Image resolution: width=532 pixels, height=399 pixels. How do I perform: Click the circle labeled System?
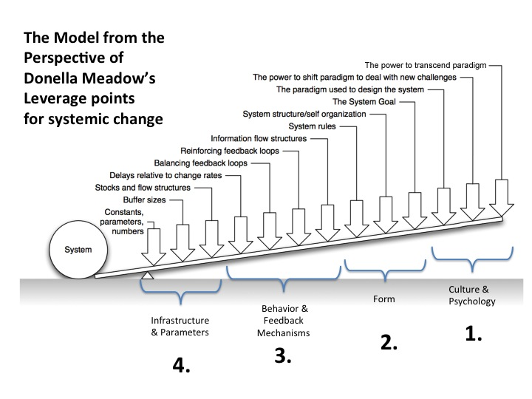(78, 250)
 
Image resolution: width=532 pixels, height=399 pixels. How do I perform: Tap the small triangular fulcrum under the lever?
(147, 276)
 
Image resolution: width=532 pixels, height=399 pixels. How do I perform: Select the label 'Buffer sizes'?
(144, 199)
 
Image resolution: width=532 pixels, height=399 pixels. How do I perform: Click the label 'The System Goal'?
(364, 102)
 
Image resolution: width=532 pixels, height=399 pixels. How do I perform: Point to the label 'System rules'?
(312, 126)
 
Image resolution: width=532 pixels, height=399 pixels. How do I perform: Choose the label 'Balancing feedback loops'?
(201, 163)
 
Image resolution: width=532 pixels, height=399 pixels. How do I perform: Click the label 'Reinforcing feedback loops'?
(230, 151)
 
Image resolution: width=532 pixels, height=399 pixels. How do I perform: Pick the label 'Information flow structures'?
(259, 138)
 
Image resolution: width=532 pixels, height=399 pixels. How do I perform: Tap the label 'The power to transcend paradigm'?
(426, 65)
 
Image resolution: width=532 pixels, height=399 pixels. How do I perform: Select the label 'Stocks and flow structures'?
(143, 188)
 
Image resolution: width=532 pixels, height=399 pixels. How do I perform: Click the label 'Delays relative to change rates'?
(166, 175)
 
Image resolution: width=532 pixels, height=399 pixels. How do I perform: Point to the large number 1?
(474, 333)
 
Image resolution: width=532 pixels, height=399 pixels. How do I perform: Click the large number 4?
(181, 366)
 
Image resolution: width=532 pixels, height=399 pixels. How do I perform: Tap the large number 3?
(283, 355)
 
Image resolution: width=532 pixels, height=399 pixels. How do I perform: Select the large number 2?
(389, 342)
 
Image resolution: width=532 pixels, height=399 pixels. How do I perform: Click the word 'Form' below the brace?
(384, 299)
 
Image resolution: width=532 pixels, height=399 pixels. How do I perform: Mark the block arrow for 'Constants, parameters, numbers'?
(154, 247)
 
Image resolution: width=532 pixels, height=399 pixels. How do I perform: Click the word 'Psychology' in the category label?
(472, 301)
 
